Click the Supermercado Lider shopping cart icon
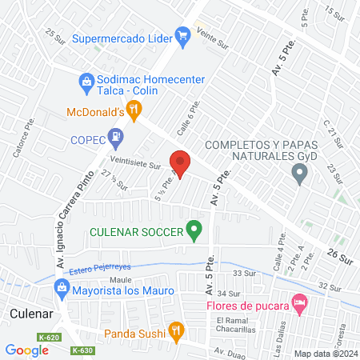pyautogui.click(x=183, y=35)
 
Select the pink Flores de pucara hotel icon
pyautogui.click(x=300, y=304)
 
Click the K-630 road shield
pyautogui.click(x=82, y=350)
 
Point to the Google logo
pyautogui.click(x=27, y=350)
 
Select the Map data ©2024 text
pyautogui.click(x=324, y=354)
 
